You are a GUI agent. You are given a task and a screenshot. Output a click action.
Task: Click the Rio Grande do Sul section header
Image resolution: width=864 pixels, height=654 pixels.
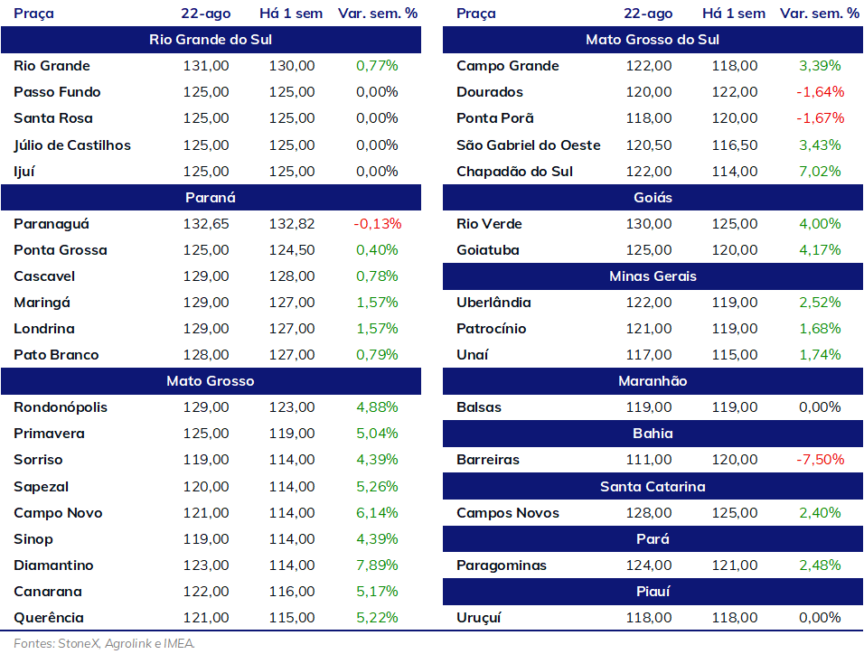pos(211,40)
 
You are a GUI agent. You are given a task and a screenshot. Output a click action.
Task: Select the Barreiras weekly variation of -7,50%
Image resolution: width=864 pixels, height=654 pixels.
pos(820,460)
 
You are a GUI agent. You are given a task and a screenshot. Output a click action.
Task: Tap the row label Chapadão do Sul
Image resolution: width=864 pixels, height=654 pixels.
pos(514,172)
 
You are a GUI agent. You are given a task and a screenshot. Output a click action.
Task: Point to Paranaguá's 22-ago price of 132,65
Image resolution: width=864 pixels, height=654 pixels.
pos(206,224)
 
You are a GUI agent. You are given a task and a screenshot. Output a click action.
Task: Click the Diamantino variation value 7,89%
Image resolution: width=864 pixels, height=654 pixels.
pos(377,565)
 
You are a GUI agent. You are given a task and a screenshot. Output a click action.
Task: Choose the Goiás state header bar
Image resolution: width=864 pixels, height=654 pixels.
pos(653,197)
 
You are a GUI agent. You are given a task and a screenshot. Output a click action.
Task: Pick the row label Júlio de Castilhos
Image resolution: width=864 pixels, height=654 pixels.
pos(72,145)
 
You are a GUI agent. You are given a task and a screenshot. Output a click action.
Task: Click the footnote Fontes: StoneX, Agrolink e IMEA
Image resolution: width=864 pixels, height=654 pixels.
pos(104,643)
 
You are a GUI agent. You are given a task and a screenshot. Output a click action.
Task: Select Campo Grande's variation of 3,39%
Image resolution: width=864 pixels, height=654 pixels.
pos(820,66)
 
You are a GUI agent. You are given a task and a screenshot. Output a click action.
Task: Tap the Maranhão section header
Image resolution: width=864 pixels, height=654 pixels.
pos(653,380)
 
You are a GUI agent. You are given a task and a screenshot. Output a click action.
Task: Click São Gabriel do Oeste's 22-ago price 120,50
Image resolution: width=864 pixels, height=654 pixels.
pos(649,145)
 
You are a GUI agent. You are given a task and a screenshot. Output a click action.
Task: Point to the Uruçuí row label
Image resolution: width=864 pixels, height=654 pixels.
pos(479,618)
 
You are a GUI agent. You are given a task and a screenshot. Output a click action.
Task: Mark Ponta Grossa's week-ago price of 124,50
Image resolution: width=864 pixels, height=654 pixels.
pos(292,250)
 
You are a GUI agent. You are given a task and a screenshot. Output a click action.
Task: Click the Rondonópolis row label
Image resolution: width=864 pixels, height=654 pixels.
pos(61,407)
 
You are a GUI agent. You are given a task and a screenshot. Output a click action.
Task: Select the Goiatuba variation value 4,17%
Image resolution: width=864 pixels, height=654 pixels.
pos(820,250)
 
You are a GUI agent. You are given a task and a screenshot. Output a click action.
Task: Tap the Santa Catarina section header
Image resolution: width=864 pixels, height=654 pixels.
pos(653,487)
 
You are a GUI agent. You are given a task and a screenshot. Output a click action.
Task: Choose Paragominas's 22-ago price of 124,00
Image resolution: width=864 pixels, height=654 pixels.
pos(649,565)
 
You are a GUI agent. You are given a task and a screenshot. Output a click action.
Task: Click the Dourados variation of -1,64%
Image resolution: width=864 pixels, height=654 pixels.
pos(820,92)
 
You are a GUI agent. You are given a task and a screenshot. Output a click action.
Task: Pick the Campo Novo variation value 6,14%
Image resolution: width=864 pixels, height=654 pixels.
pos(377,513)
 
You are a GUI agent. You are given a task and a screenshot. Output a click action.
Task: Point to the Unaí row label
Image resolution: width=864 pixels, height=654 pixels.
pos(473,355)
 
